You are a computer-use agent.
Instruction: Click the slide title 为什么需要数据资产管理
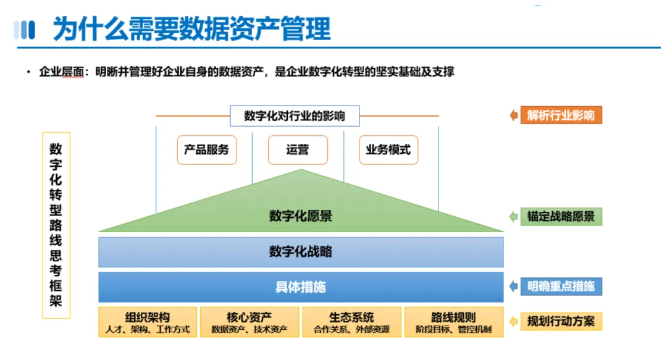[x=191, y=29]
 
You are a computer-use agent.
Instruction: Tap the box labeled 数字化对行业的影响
[x=295, y=115]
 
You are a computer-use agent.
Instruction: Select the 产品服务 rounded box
[x=207, y=150]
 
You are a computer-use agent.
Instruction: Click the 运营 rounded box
[x=298, y=150]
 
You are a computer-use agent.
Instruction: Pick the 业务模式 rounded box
[x=388, y=150]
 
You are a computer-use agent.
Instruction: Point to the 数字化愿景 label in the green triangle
[x=301, y=216]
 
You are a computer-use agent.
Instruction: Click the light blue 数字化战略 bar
[x=301, y=252]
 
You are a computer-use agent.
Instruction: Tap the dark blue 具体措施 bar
[x=301, y=287]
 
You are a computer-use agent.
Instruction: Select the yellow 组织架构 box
[x=148, y=322]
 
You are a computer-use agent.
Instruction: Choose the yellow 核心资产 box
[x=250, y=322]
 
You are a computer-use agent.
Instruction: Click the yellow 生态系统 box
[x=352, y=322]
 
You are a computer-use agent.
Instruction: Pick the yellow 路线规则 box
[x=454, y=322]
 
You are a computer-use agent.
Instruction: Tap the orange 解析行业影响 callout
[x=561, y=115]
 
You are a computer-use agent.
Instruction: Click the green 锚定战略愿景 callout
[x=561, y=217]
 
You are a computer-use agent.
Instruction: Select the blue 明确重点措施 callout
[x=561, y=287]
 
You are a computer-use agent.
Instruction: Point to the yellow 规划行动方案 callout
[x=561, y=321]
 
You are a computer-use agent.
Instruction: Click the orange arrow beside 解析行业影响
[x=514, y=115]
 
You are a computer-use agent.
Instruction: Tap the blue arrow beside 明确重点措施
[x=514, y=287]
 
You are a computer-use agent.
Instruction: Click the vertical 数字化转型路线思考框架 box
[x=56, y=225]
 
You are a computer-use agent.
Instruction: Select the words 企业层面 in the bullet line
[x=62, y=72]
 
